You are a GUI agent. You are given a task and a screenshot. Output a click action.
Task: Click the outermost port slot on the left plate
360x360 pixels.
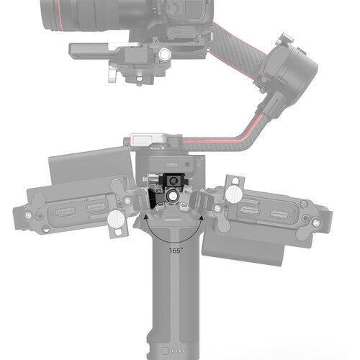point(64,215)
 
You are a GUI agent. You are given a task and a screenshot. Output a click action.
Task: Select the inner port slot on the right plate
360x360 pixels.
point(250,210)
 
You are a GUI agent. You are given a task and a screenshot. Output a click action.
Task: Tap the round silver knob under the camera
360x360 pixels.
point(164,54)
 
